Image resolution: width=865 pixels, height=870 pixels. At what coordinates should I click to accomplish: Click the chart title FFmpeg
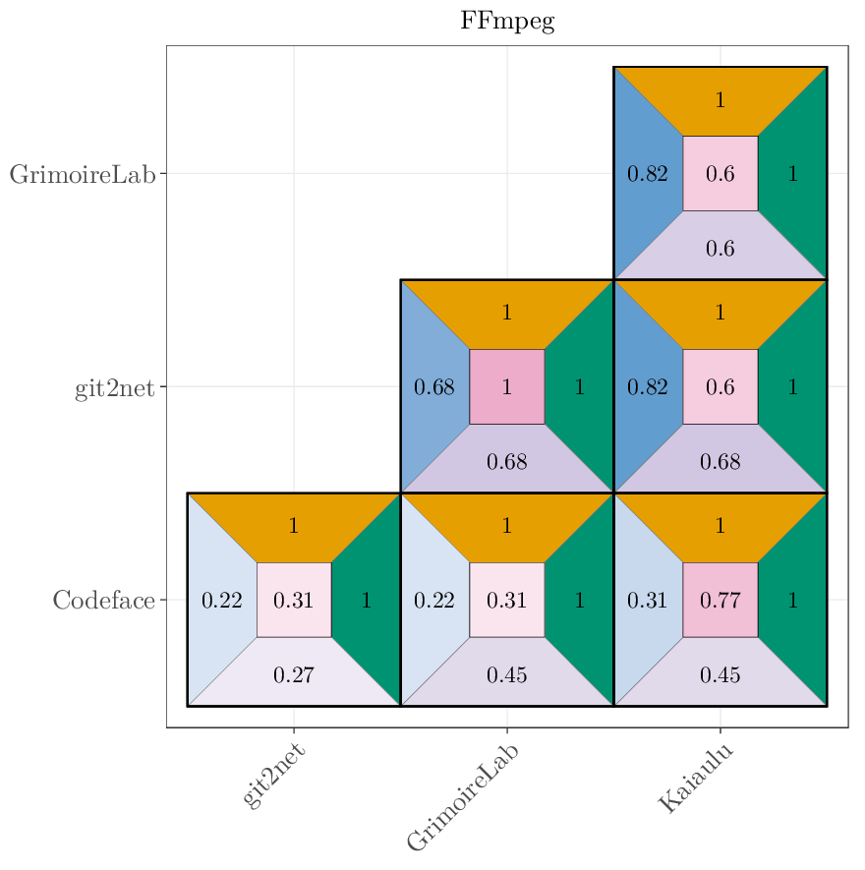tap(507, 22)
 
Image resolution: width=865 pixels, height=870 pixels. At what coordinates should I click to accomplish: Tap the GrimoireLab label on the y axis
tap(83, 175)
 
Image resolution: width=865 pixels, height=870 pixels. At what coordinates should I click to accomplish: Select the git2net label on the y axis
tap(115, 388)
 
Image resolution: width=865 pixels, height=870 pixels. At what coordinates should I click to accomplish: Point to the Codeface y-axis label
tap(104, 601)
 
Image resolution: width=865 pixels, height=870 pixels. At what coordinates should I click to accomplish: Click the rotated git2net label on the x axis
tap(274, 777)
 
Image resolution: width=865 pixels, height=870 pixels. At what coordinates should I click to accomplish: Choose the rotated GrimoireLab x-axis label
tap(463, 797)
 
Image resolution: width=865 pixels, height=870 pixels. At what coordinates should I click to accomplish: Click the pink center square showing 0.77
tap(721, 600)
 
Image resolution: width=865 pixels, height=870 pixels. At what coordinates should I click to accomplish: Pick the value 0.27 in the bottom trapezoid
tap(294, 674)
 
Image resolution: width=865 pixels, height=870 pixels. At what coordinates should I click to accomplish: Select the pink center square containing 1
tap(507, 386)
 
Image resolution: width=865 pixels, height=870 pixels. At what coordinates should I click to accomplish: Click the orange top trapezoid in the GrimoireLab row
tap(721, 99)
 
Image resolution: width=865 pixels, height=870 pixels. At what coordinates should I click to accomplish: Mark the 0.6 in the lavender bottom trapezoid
tap(721, 249)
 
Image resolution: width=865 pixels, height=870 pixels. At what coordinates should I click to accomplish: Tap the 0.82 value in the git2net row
tap(648, 386)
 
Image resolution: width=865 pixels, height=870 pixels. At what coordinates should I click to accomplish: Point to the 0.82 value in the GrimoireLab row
tap(648, 174)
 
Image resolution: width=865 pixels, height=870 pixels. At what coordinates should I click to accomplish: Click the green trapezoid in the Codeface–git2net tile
tap(367, 600)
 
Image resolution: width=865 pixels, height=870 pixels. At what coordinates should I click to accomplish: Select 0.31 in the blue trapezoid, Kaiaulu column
tap(648, 600)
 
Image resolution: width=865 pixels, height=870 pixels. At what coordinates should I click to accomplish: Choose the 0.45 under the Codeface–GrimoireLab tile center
tap(507, 674)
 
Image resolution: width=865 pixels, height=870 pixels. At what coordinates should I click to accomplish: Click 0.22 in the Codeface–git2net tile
tap(222, 600)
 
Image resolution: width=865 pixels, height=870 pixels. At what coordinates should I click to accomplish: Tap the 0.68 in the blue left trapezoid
tap(434, 386)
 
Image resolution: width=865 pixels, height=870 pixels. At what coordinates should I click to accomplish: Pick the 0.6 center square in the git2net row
tap(721, 386)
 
